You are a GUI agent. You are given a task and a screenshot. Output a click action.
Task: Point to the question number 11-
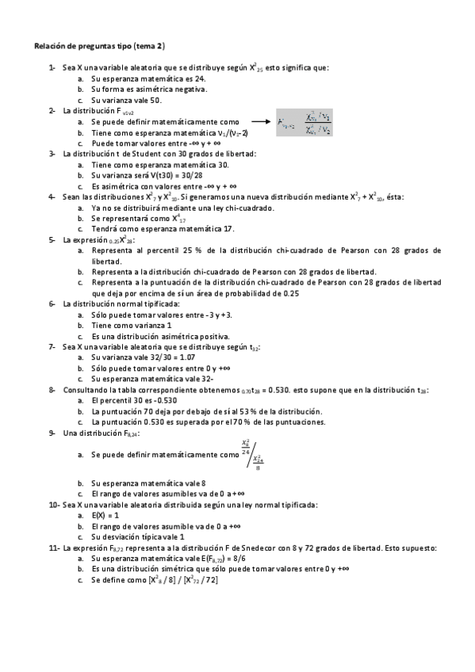point(54,548)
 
